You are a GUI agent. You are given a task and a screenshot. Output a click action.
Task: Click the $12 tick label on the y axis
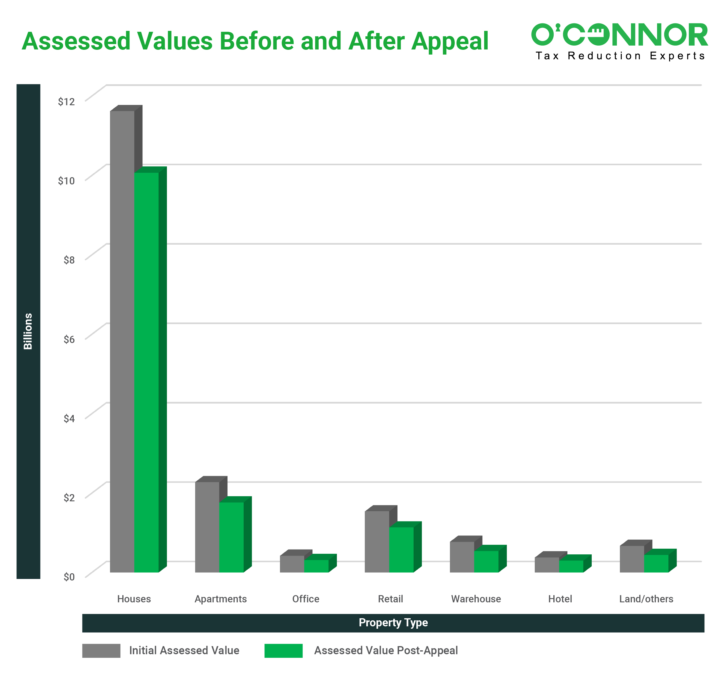tap(66, 102)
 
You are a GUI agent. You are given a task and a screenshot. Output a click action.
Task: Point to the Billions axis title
tap(28, 331)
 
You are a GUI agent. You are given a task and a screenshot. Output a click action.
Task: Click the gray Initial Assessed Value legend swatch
tap(101, 651)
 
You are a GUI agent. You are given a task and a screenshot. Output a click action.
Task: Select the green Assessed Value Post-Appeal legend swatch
tap(283, 651)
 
